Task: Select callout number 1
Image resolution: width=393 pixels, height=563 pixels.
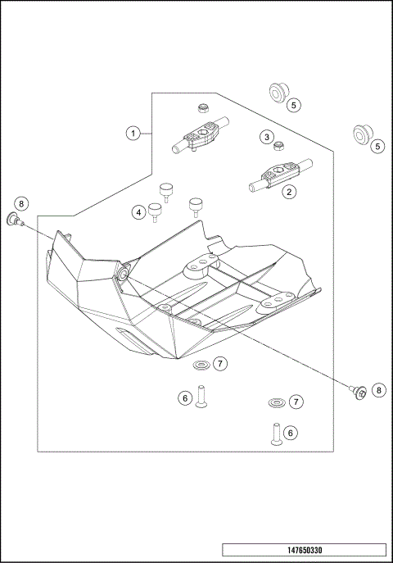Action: (133, 133)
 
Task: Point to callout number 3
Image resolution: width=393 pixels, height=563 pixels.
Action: (139, 212)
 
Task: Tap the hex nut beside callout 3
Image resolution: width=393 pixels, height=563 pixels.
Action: (278, 147)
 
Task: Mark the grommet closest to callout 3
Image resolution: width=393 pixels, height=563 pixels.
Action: (278, 93)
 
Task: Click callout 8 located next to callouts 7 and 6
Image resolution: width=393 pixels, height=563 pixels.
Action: (378, 390)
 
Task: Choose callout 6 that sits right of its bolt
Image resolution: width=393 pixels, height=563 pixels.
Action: (291, 432)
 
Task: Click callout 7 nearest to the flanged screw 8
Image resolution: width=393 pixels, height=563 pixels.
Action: (296, 402)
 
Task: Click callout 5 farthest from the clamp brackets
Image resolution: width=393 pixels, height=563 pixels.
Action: (377, 147)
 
